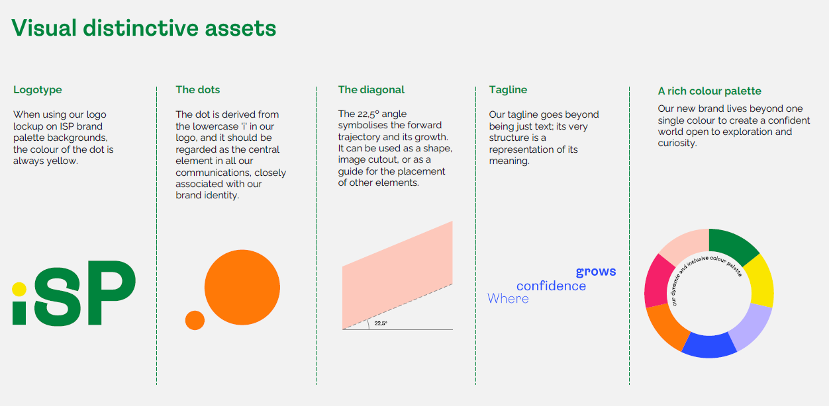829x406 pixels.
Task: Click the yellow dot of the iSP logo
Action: pyautogui.click(x=19, y=289)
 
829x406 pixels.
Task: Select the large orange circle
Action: pyautogui.click(x=242, y=288)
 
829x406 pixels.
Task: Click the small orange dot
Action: pyautogui.click(x=195, y=320)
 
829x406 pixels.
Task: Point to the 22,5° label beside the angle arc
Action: pyautogui.click(x=381, y=323)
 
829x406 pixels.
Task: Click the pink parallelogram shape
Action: pyautogui.click(x=397, y=275)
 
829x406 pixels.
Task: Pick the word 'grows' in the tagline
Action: pyautogui.click(x=596, y=272)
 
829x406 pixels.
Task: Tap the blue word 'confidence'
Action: pyautogui.click(x=551, y=286)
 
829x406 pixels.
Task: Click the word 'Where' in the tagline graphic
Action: pyautogui.click(x=508, y=298)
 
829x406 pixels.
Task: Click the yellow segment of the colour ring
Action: pyautogui.click(x=759, y=281)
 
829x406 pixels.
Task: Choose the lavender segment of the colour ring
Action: pyautogui.click(x=752, y=327)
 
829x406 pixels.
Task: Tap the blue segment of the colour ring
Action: pyautogui.click(x=709, y=346)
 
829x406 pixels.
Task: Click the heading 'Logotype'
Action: pyautogui.click(x=37, y=90)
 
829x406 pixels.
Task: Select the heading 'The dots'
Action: pyautogui.click(x=197, y=89)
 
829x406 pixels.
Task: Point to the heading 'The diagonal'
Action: pyautogui.click(x=371, y=89)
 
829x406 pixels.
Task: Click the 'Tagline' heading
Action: pyautogui.click(x=508, y=90)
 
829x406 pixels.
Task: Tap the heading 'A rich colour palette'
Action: pyautogui.click(x=709, y=91)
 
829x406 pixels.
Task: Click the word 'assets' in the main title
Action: pyautogui.click(x=240, y=28)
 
